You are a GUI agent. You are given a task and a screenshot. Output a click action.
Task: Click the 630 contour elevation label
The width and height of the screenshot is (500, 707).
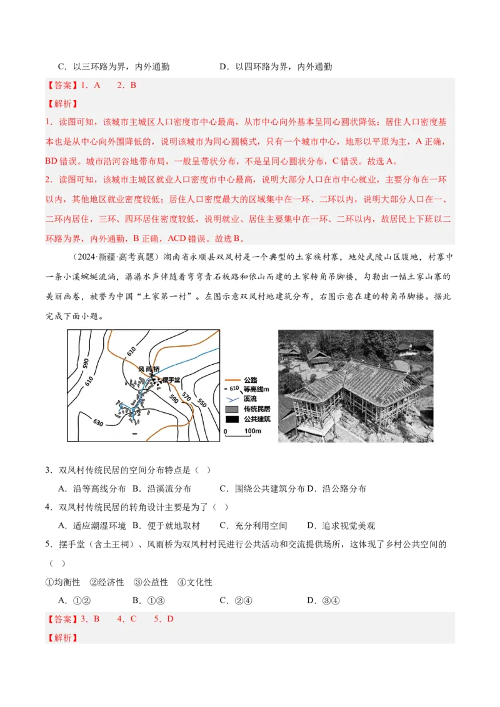tap(98, 423)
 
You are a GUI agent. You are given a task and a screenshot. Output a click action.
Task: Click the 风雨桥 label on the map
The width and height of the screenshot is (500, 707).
tap(149, 370)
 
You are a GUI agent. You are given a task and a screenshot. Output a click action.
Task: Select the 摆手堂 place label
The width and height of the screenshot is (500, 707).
tap(171, 380)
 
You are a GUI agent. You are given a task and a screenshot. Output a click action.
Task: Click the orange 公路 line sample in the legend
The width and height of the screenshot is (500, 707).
tap(232, 380)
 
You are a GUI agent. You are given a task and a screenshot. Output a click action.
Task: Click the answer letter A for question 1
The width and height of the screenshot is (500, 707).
tap(97, 85)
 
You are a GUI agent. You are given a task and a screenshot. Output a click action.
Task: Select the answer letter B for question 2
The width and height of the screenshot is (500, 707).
tap(133, 85)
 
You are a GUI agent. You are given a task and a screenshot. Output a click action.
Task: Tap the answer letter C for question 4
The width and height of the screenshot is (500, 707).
tap(133, 619)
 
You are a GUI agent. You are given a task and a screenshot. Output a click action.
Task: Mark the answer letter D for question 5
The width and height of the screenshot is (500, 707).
tap(170, 619)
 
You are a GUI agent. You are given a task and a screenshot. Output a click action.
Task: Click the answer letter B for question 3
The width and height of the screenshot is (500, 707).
tap(97, 619)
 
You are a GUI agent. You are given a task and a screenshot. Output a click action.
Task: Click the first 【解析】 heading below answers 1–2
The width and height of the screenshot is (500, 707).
tap(62, 104)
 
